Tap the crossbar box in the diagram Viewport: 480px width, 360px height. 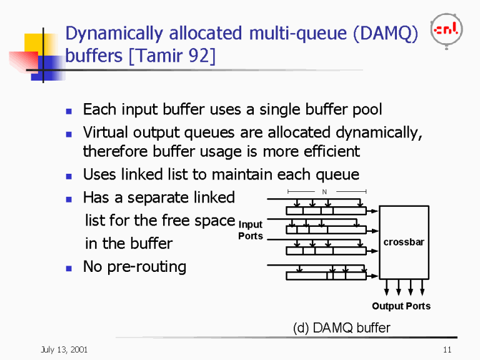404,242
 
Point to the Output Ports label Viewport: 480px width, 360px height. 401,306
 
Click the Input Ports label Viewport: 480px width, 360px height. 251,230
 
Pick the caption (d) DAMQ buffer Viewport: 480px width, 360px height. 341,327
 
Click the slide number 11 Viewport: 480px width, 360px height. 446,349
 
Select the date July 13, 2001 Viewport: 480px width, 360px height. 60,349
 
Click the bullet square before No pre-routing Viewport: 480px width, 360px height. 69,267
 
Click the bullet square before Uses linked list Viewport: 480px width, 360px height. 69,175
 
